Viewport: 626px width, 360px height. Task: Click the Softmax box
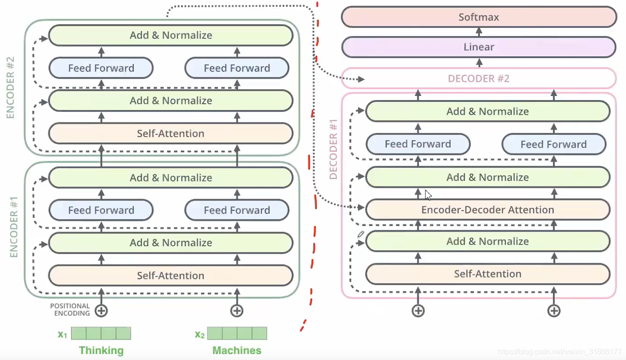[x=479, y=17]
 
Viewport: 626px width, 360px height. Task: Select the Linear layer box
[x=479, y=47]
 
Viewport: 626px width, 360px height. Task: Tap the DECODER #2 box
[x=479, y=79]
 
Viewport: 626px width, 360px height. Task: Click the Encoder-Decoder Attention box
[x=488, y=210]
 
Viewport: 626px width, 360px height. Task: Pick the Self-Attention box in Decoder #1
[x=488, y=274]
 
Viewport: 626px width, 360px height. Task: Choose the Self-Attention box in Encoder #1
[x=170, y=275]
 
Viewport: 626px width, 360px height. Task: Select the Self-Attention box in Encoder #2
[x=170, y=133]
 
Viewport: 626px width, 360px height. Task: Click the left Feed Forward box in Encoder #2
[x=101, y=68]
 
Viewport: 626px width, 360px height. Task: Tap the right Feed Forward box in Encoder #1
[x=237, y=210]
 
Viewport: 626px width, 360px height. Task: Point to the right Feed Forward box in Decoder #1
[x=553, y=144]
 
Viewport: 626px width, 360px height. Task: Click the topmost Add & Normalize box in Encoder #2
[x=170, y=35]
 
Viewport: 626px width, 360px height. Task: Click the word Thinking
[x=101, y=350]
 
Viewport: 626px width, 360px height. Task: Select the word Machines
[x=237, y=350]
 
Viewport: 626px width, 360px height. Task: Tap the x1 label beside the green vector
[x=63, y=334]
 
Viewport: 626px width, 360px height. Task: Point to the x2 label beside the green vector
[x=200, y=334]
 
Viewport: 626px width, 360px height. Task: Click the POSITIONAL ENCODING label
[x=70, y=310]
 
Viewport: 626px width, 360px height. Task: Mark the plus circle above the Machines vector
[x=237, y=311]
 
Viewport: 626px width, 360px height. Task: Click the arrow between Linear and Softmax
[x=479, y=32]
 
